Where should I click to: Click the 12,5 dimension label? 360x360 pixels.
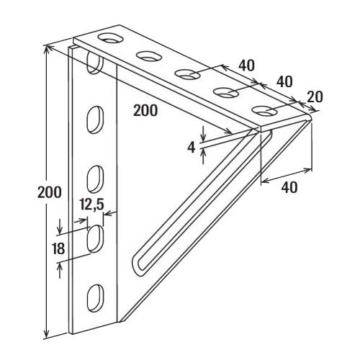pyautogui.click(x=91, y=204)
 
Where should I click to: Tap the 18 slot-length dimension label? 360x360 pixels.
pyautogui.click(x=58, y=248)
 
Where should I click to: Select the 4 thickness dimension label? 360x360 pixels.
pyautogui.click(x=192, y=148)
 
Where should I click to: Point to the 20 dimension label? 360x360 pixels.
pyautogui.click(x=315, y=97)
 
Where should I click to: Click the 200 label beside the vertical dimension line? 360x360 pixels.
pyautogui.click(x=50, y=192)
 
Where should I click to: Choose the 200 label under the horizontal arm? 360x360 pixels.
pyautogui.click(x=145, y=110)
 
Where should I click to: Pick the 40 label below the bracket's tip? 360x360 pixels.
pyautogui.click(x=289, y=187)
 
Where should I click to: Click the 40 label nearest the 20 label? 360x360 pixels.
pyautogui.click(x=284, y=81)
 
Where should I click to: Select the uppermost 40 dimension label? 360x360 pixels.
pyautogui.click(x=246, y=65)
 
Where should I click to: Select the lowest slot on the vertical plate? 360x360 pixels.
pyautogui.click(x=95, y=298)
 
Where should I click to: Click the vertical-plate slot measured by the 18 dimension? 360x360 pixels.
pyautogui.click(x=95, y=238)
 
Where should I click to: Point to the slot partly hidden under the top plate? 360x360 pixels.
pyautogui.click(x=94, y=63)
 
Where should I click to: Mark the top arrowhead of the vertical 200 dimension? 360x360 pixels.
pyautogui.click(x=47, y=49)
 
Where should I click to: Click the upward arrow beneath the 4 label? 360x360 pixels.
pyautogui.click(x=203, y=156)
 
